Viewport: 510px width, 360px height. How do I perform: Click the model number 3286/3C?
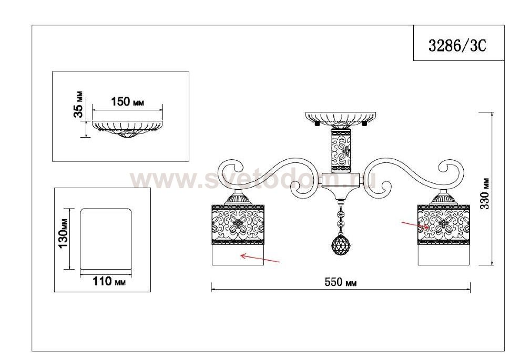click(457, 45)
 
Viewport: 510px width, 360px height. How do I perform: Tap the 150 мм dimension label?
click(127, 102)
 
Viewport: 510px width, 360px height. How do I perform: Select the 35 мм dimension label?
click(78, 104)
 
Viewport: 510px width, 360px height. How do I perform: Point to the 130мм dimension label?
click(63, 228)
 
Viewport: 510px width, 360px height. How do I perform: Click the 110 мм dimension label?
click(109, 281)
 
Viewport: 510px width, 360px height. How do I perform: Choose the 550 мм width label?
click(341, 282)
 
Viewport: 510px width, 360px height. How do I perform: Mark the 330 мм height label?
click(485, 193)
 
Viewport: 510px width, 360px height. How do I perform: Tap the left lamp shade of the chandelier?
click(238, 235)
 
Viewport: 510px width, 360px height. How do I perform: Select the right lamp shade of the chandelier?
click(444, 235)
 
